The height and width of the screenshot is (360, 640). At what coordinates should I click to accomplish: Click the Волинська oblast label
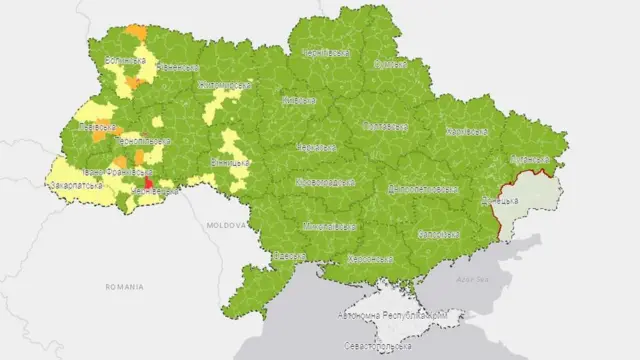125,61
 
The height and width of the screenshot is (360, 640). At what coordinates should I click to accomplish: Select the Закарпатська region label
76,186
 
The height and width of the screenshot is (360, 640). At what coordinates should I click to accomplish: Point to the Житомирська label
223,84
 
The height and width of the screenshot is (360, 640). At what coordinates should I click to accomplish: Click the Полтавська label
383,127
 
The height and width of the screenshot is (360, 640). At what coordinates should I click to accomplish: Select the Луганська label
530,159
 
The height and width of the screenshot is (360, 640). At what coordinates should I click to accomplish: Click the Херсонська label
369,258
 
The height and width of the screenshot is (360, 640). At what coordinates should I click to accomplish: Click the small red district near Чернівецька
148,183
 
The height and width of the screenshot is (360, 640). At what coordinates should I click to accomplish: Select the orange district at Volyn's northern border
135,32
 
